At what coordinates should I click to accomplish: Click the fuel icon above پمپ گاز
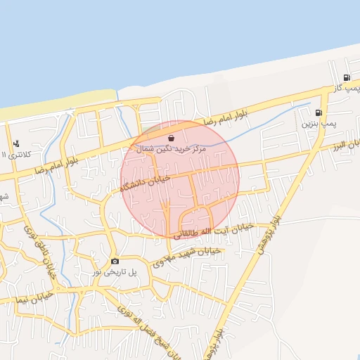point(347,77)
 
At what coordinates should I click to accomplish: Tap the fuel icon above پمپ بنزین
point(319,112)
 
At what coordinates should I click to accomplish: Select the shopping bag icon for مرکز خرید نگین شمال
point(172,139)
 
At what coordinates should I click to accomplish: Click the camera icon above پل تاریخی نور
point(115,261)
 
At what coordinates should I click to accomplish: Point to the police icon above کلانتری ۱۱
point(16,144)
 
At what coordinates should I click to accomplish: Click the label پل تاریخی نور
point(115,271)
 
